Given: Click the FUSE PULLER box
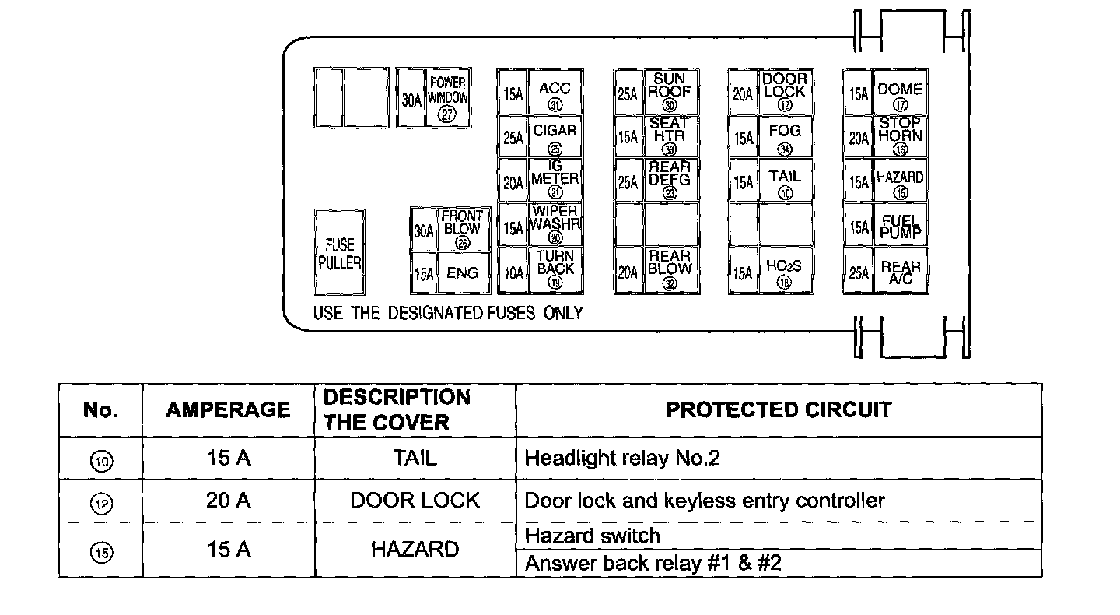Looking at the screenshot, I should point(340,251).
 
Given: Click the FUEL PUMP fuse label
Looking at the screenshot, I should point(900,226).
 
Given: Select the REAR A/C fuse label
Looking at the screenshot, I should point(900,272).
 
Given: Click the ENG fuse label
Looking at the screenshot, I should point(463,273).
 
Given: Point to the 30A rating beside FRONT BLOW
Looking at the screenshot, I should point(424,231).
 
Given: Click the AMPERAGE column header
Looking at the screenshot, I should point(228,409).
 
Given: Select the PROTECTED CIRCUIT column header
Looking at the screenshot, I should point(779,409).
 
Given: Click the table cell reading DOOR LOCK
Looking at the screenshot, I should point(415,500).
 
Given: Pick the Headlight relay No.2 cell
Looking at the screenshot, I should point(622,458).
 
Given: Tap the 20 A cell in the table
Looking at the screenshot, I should point(228,500).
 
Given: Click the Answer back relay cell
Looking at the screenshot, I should point(653,564).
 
